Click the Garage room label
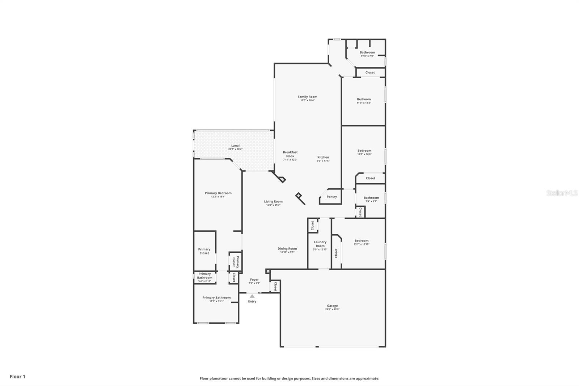tap(332, 306)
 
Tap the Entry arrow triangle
tap(252, 296)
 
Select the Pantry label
tap(331, 197)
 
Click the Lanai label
tap(235, 146)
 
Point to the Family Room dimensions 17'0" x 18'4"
tap(308, 100)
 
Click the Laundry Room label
tap(320, 244)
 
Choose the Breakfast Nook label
tap(290, 154)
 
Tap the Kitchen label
tap(323, 157)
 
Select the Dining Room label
tap(287, 248)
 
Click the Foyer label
tap(254, 280)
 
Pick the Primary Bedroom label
tap(218, 193)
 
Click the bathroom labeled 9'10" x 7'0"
tap(367, 54)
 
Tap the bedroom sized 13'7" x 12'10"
tap(362, 242)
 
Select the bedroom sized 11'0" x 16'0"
tap(364, 152)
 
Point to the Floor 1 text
tap(17, 377)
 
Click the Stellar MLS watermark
tap(562, 193)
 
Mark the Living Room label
tap(273, 201)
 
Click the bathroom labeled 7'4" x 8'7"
tap(371, 199)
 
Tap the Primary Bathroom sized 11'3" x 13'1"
tap(216, 299)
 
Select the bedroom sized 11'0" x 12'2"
tap(364, 101)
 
